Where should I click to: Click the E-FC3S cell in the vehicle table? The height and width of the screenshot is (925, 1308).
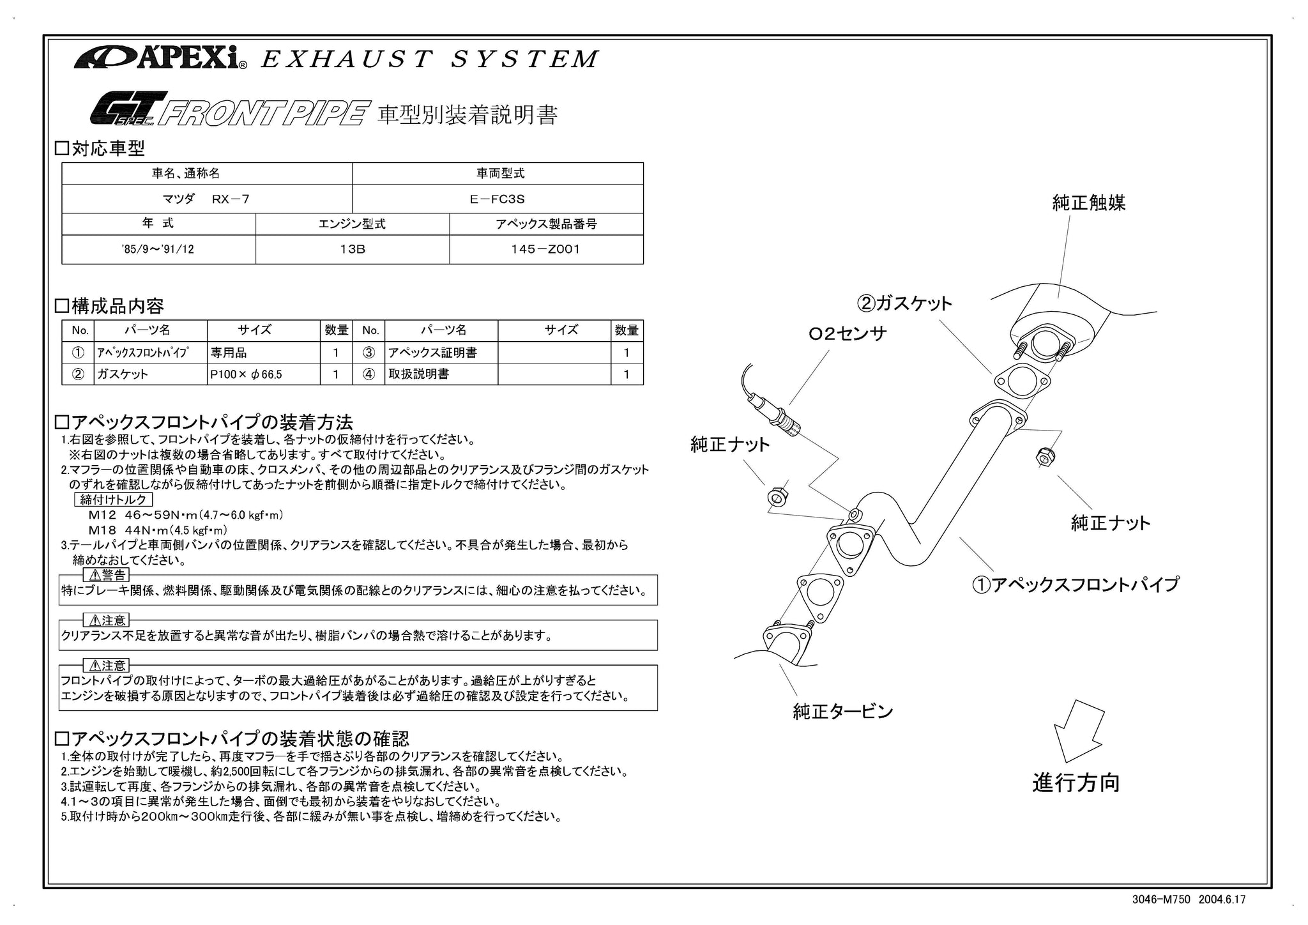[498, 199]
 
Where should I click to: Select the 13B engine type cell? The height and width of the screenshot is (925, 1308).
[353, 249]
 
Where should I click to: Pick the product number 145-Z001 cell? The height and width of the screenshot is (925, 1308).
[546, 249]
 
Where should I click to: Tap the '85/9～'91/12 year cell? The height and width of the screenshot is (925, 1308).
[158, 249]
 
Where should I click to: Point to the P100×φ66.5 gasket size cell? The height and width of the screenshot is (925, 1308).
[264, 374]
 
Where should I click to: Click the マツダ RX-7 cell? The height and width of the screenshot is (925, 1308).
[207, 199]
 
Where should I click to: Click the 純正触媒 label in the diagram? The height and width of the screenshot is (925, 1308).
[1089, 203]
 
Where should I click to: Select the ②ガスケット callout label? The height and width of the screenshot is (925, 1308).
[904, 303]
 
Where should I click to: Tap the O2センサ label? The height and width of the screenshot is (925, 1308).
[847, 333]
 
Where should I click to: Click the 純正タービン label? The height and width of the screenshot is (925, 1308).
[843, 711]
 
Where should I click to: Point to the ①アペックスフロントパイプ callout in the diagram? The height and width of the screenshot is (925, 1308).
[1076, 584]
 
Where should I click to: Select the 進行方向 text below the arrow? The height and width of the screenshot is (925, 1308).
[1076, 783]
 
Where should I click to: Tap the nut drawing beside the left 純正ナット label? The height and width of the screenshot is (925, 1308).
[776, 496]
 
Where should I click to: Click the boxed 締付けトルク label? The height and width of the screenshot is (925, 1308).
[114, 500]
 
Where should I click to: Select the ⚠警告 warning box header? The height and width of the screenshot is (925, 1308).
[106, 575]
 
